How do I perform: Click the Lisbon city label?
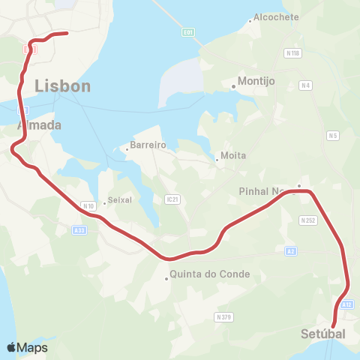click(x=62, y=86)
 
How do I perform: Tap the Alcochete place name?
click(x=276, y=16)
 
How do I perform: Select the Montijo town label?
click(x=257, y=81)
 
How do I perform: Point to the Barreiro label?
click(x=148, y=144)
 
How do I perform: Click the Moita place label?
click(x=233, y=155)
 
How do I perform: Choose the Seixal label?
click(x=120, y=200)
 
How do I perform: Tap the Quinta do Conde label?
click(x=210, y=274)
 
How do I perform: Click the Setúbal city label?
click(x=323, y=333)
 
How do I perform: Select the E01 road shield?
click(x=188, y=32)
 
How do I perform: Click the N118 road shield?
click(x=292, y=53)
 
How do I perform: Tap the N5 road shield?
click(x=333, y=136)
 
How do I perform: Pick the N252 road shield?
click(x=307, y=220)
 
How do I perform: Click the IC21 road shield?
click(x=172, y=199)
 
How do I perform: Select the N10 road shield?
click(x=88, y=205)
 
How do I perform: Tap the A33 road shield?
click(x=80, y=231)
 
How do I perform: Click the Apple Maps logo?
click(x=26, y=347)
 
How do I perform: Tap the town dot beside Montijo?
click(x=233, y=86)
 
